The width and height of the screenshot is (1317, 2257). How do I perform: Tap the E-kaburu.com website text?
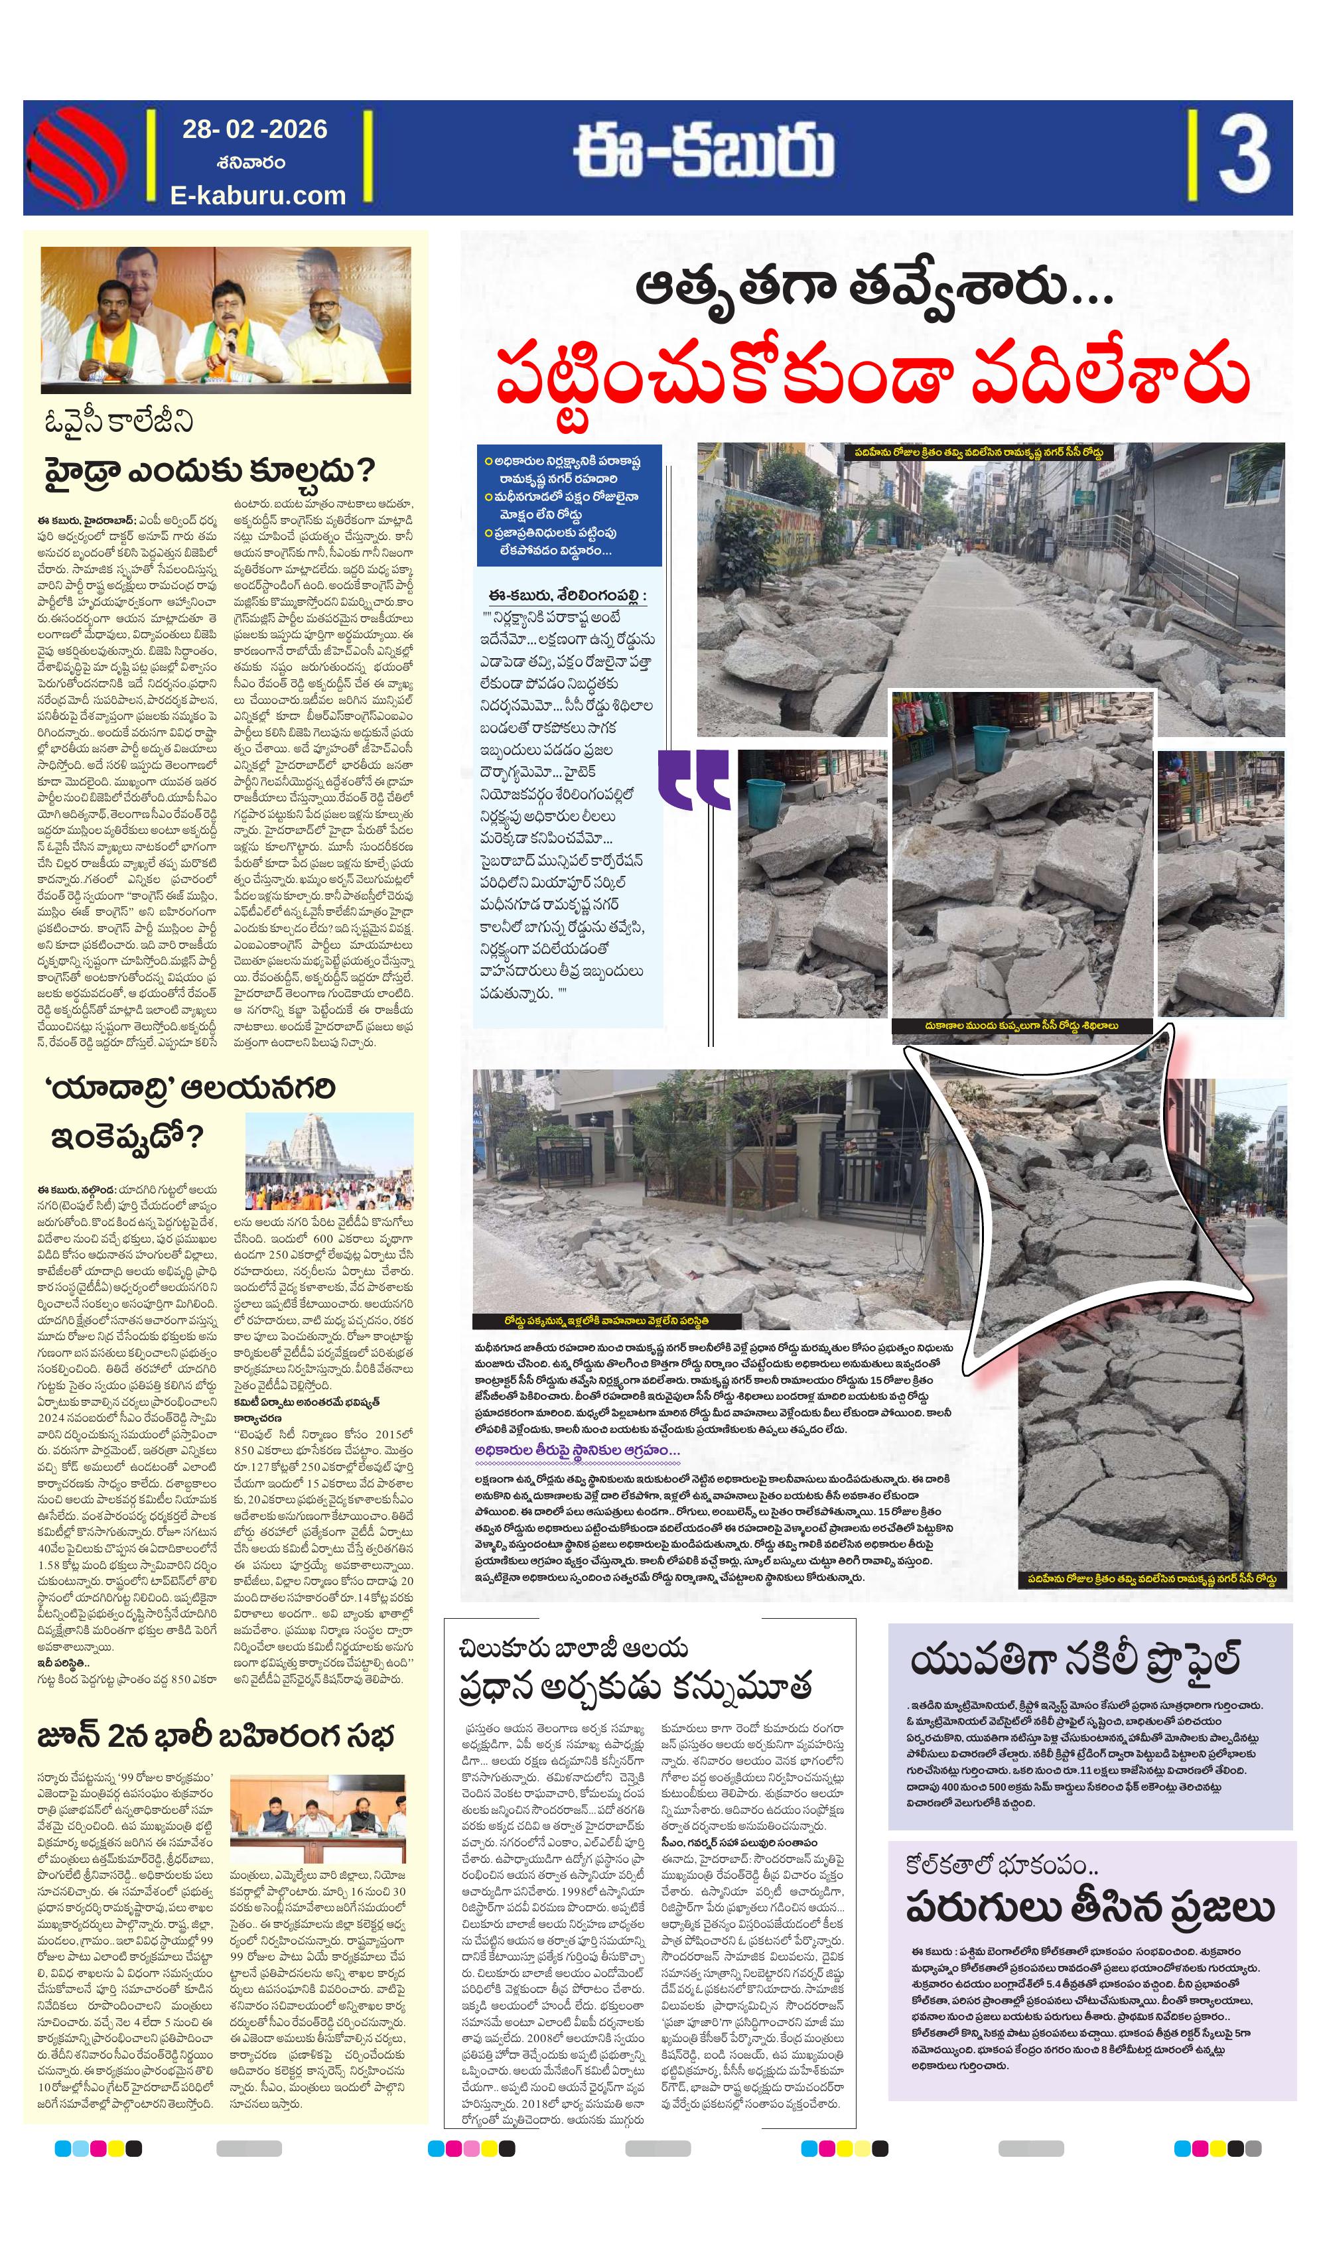pyautogui.click(x=258, y=195)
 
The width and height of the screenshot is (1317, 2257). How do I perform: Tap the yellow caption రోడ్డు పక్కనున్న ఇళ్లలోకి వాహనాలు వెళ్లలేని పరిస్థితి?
pyautogui.click(x=606, y=1321)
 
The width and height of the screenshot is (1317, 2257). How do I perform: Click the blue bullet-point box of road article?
pyautogui.click(x=570, y=505)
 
